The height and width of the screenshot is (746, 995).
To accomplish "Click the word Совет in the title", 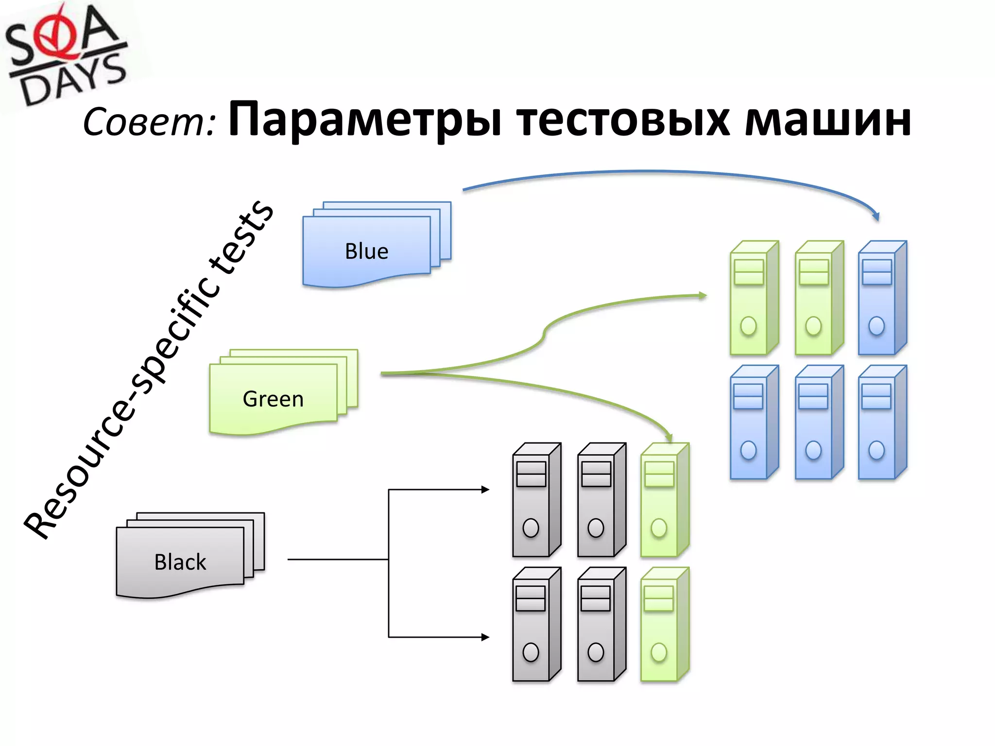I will click(x=148, y=121).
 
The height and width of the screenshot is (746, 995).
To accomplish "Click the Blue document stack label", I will click(x=366, y=252).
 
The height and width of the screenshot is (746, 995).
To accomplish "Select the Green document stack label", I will click(x=273, y=399).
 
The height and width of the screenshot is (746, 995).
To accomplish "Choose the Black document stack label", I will click(x=180, y=562).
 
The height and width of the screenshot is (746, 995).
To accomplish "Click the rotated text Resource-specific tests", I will click(x=148, y=369).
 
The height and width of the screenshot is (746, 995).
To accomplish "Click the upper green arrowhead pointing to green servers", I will click(x=703, y=295).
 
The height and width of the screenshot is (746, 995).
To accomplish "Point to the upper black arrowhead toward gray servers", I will click(x=485, y=490).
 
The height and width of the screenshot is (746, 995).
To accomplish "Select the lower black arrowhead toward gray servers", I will click(x=485, y=637).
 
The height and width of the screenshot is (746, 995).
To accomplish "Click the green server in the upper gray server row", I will click(x=664, y=500).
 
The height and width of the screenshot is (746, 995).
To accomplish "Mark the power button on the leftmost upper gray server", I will click(x=531, y=528).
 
